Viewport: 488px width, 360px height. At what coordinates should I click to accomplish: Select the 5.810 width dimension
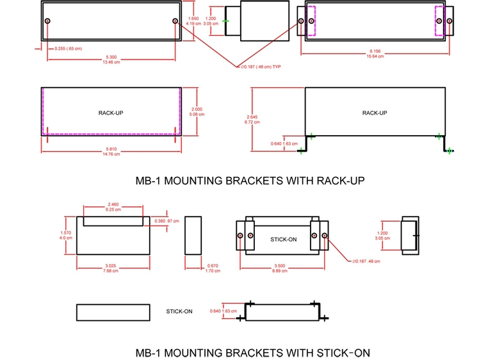pos(111,150)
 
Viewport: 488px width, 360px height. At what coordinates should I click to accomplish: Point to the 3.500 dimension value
pos(281,266)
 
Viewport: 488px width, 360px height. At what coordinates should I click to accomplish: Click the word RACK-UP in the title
pos(341,181)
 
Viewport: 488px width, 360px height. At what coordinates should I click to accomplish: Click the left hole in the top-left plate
pos(48,21)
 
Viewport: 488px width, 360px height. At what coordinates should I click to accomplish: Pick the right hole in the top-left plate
pos(175,21)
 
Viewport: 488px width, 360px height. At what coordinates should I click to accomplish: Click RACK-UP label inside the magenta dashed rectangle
pos(111,113)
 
